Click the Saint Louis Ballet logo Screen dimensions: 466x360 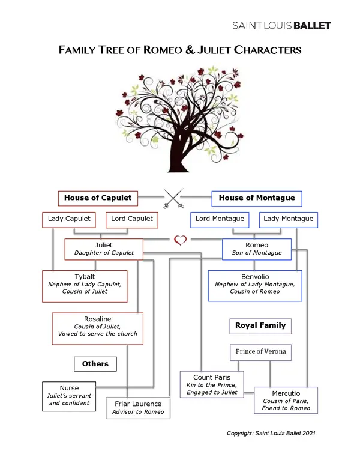281,25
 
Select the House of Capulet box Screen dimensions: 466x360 98,198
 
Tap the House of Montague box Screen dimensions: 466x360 257,198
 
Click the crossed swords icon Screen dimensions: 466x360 173,198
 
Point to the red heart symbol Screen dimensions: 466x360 180,241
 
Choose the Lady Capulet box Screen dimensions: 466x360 69,219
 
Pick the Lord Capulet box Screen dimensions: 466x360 131,219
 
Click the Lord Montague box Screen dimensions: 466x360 220,219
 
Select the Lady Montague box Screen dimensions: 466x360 289,219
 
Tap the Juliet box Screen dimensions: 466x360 104,249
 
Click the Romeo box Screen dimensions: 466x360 257,249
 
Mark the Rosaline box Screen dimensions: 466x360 97,328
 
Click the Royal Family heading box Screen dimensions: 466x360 260,326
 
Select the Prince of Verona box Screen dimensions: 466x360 260,352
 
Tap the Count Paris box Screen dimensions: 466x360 211,384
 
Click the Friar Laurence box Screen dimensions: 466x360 137,408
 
